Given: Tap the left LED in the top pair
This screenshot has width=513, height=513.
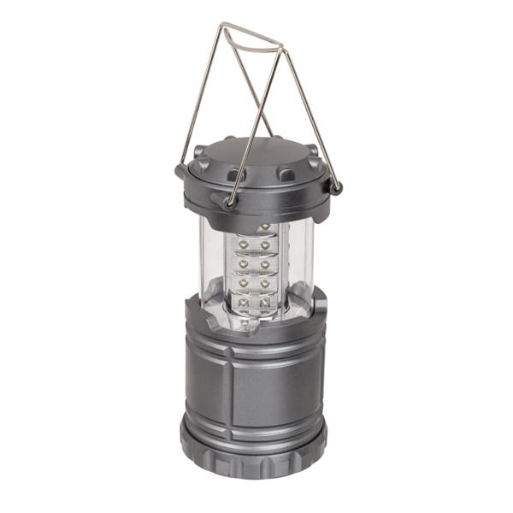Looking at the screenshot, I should (x=244, y=245).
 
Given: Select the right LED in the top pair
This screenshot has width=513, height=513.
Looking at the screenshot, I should (x=266, y=245).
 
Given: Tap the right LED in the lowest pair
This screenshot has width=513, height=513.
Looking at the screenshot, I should (x=265, y=302).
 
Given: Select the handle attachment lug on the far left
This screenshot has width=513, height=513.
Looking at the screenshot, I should (x=182, y=170).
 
